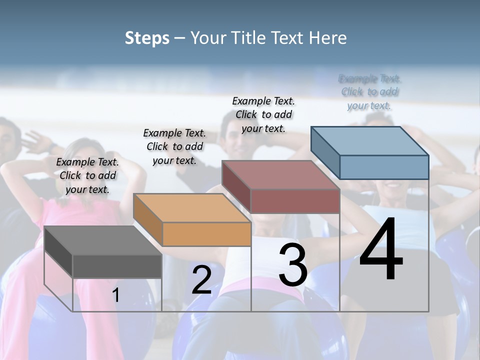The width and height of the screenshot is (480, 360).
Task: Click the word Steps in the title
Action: click(x=147, y=38)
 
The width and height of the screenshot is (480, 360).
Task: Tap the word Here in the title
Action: click(x=328, y=38)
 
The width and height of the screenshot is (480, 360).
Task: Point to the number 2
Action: click(x=201, y=279)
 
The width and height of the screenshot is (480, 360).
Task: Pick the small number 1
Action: click(x=116, y=295)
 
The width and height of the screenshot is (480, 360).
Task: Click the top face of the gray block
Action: click(x=103, y=240)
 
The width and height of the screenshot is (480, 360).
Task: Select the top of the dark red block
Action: click(x=281, y=175)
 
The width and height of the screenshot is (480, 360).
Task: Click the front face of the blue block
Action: click(x=384, y=167)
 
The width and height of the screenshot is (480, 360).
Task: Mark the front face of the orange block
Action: click(x=206, y=234)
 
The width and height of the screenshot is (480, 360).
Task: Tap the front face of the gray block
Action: click(x=117, y=266)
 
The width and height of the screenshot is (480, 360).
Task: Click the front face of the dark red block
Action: click(x=295, y=201)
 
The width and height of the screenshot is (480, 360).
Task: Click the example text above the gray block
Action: click(x=87, y=175)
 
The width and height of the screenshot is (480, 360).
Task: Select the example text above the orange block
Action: click(x=174, y=146)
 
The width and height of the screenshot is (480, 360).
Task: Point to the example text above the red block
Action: click(x=263, y=114)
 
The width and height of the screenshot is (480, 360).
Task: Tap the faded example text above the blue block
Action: click(x=369, y=92)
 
